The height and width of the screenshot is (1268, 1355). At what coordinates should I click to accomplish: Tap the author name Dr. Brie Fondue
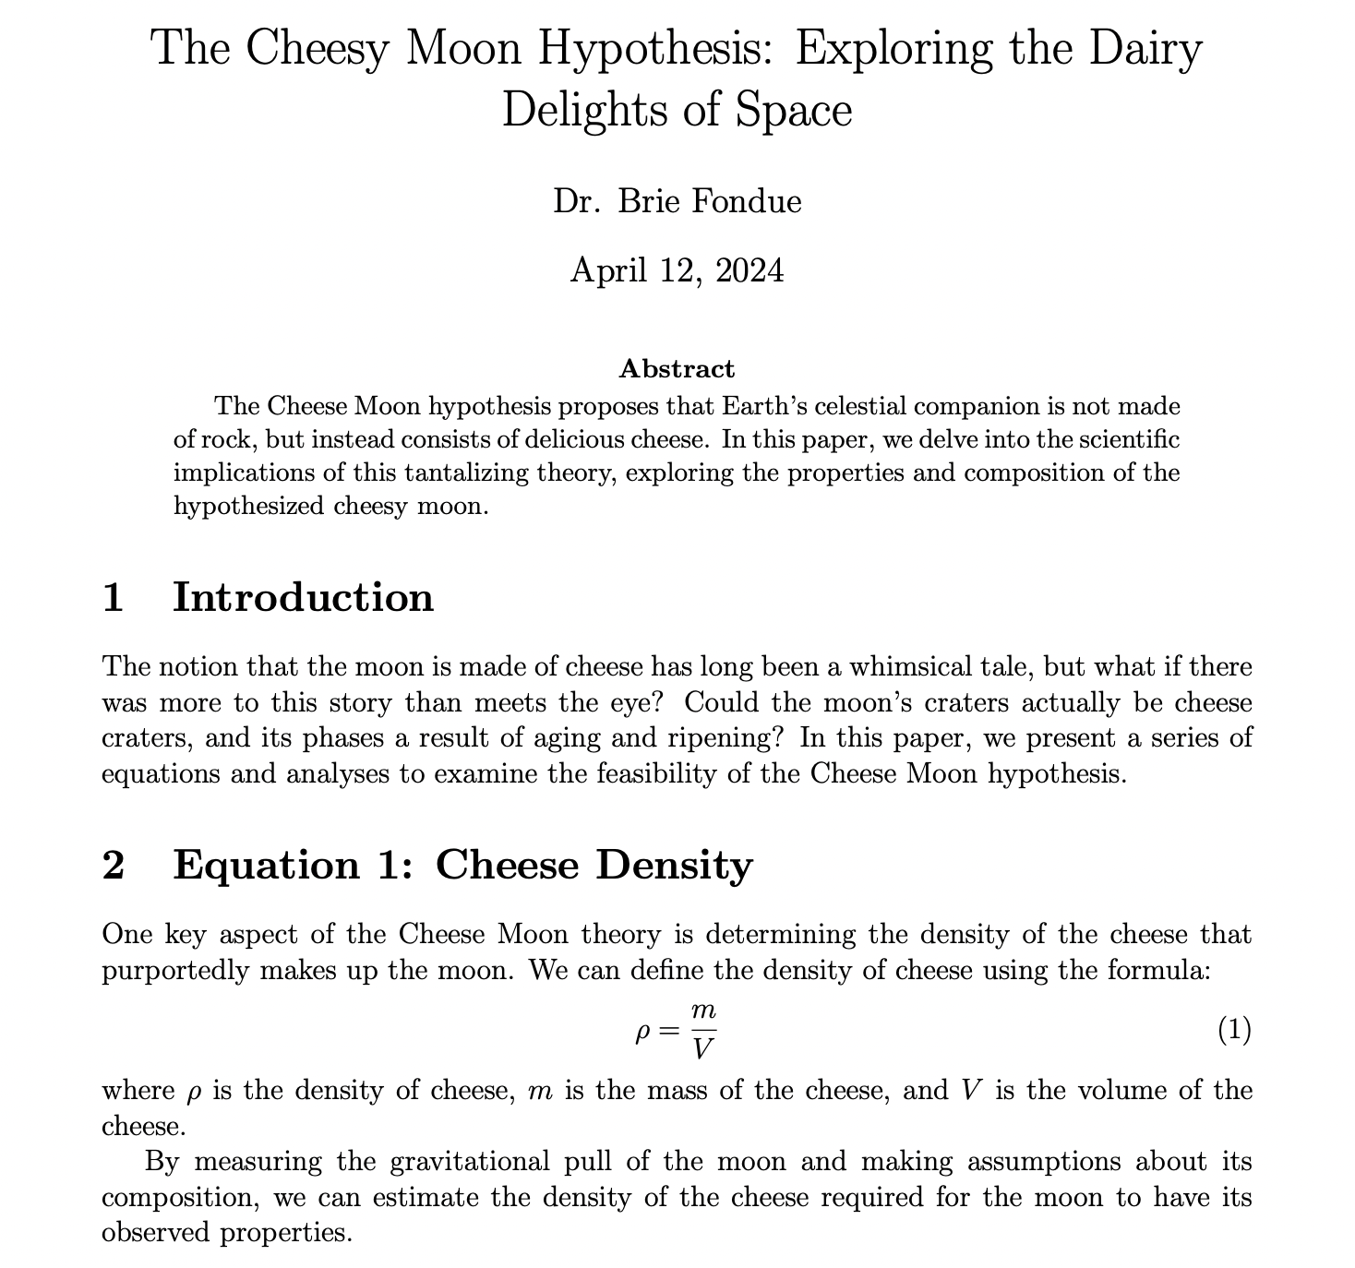click(x=677, y=200)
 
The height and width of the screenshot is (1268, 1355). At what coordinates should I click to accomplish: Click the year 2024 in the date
click(x=749, y=270)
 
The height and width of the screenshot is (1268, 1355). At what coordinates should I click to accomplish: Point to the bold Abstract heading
click(x=677, y=369)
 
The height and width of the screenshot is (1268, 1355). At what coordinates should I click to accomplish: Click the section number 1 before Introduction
click(x=114, y=597)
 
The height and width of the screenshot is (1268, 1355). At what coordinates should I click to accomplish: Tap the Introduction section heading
click(x=303, y=597)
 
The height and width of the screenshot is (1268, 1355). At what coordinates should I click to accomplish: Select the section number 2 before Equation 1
click(x=114, y=865)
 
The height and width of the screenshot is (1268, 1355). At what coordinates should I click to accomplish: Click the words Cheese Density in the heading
click(x=594, y=865)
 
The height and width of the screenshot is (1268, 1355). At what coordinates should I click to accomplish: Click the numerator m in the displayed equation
click(x=704, y=1011)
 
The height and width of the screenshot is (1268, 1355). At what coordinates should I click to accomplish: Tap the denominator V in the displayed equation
click(x=704, y=1047)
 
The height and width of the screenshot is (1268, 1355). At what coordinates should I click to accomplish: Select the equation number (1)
click(x=1234, y=1030)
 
